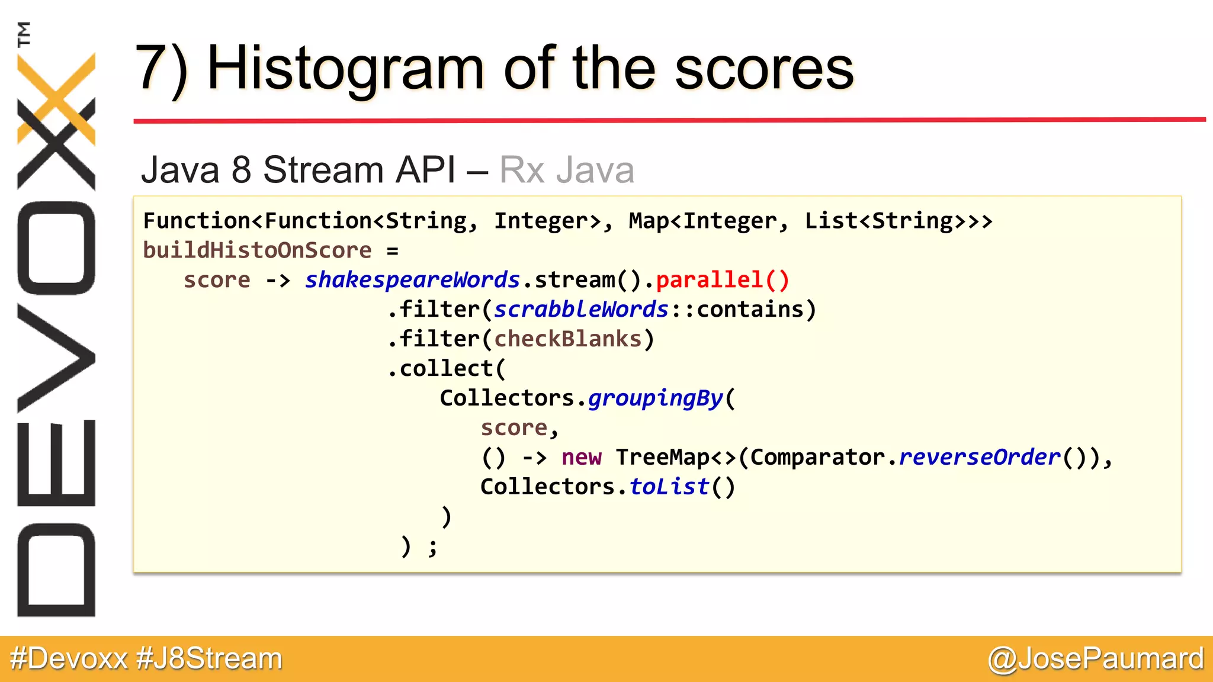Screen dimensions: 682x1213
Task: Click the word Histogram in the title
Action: point(345,70)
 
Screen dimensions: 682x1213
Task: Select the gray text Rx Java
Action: point(567,170)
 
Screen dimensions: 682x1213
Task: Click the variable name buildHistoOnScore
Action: point(257,250)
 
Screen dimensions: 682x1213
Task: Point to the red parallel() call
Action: point(723,280)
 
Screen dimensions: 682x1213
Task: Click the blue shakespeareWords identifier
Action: point(412,280)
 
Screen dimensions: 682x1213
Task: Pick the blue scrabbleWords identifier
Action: point(581,310)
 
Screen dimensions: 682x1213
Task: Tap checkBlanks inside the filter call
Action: point(568,339)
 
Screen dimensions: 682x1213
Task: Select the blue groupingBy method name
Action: point(656,398)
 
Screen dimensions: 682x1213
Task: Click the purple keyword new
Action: point(581,458)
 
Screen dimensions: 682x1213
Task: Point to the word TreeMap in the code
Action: point(663,458)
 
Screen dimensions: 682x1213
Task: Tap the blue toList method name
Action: point(669,487)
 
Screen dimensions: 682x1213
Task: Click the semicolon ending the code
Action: point(433,548)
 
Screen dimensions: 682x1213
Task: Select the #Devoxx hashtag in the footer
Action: point(69,659)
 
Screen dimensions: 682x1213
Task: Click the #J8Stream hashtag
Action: point(209,659)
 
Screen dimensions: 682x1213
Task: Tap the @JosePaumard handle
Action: point(1096,659)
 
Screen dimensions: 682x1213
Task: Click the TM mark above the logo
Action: point(24,34)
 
